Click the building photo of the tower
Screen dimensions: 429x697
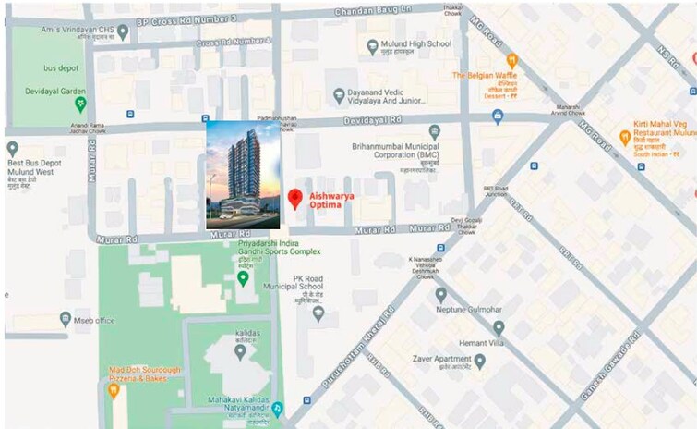242,174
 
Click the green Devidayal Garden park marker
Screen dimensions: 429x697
81,102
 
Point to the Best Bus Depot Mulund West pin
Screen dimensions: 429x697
12,149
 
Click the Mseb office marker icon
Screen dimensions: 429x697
65,319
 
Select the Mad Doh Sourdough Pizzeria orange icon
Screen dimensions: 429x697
114,389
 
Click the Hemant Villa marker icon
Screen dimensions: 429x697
499,328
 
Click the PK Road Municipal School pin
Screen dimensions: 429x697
318,313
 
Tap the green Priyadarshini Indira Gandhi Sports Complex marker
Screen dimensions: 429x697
243,277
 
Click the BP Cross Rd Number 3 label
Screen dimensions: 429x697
187,18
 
